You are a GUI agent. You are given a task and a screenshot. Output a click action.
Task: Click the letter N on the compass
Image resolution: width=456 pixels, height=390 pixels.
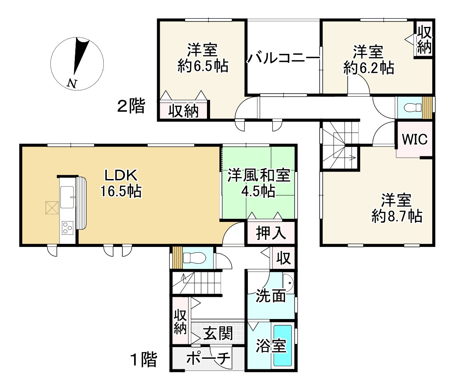click(x=72, y=83)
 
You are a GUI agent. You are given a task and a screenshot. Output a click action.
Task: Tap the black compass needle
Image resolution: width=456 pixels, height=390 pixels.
click(x=80, y=55)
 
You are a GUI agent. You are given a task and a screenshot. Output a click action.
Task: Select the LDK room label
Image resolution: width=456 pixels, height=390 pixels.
click(x=121, y=175)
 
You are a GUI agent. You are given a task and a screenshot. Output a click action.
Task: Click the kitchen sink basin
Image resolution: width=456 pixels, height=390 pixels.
click(x=67, y=197)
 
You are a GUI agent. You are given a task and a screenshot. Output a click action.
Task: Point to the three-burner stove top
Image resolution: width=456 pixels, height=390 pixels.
click(x=67, y=228)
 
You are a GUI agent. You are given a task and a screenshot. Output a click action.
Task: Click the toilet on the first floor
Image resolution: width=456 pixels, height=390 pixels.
click(x=194, y=258)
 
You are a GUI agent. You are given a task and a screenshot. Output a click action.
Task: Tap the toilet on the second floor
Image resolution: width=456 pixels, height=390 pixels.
click(x=413, y=108)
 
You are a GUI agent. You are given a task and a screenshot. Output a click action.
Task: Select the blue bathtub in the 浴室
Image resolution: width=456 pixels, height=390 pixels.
click(x=283, y=346)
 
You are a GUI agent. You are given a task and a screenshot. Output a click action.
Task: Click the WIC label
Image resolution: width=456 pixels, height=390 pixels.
click(x=415, y=139)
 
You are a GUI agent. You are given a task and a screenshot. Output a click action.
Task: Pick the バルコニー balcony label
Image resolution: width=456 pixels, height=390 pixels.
click(x=283, y=58)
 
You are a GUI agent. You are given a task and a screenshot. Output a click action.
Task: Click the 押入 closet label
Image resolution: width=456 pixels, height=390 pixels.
click(x=271, y=233)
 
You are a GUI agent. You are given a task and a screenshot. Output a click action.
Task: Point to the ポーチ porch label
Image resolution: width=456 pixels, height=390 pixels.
click(x=208, y=358)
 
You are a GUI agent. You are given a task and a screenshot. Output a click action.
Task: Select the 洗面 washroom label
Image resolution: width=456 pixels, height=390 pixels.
click(x=271, y=296)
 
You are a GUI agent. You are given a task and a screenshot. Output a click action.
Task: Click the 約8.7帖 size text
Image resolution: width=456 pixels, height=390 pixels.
click(x=397, y=216)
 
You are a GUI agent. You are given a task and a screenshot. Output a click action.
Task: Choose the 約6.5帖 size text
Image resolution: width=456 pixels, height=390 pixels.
click(x=203, y=66)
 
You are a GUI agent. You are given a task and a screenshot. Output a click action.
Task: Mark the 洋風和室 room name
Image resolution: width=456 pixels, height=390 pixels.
click(x=259, y=175)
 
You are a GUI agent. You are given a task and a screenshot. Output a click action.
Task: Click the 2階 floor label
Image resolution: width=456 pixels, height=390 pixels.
click(x=131, y=106)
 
